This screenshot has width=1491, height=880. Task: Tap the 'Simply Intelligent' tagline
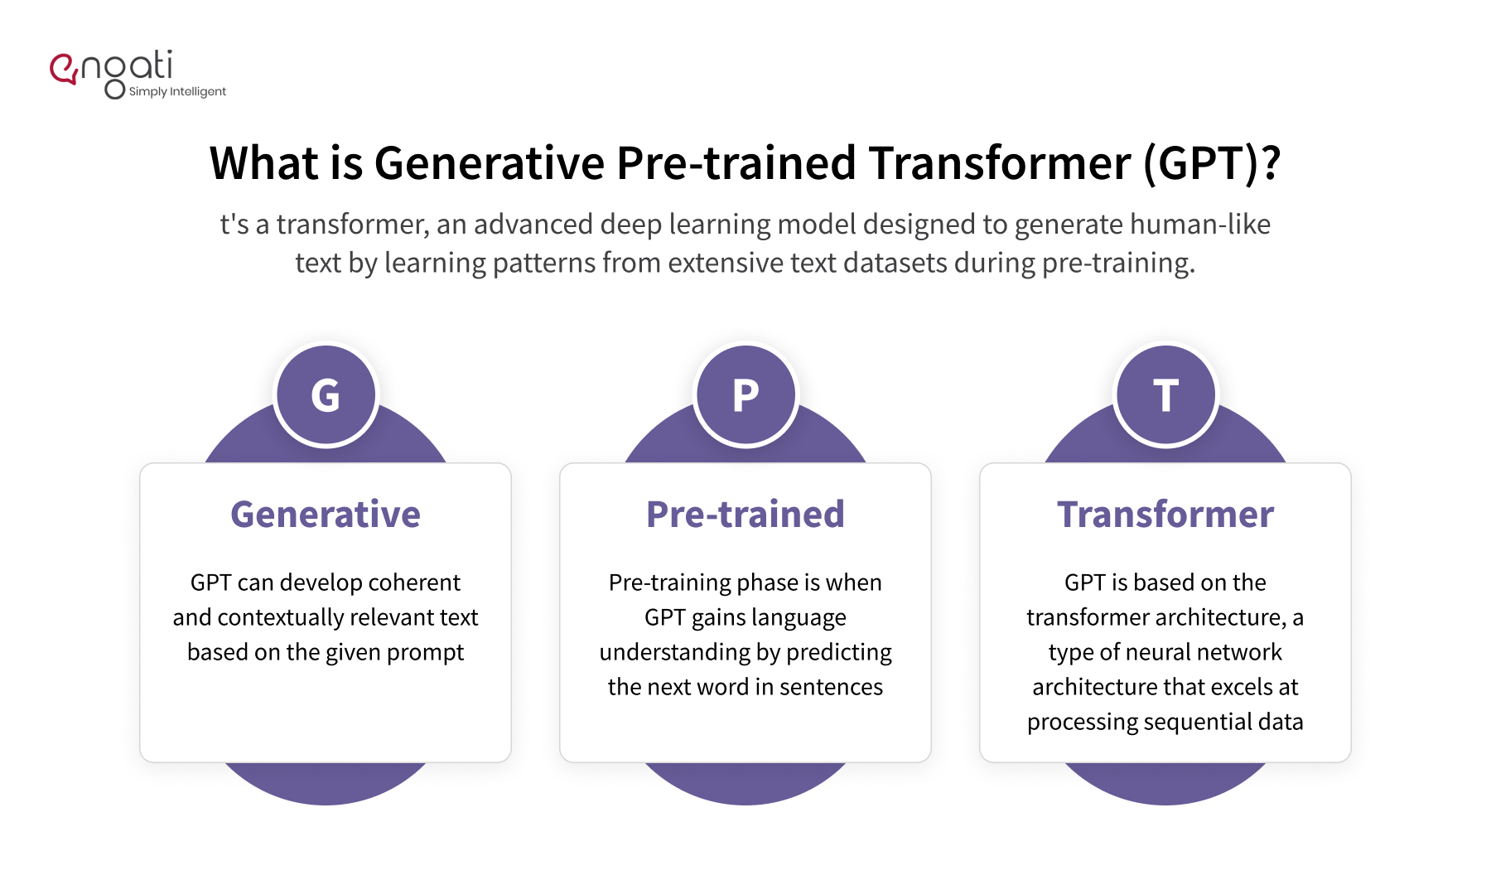tap(177, 91)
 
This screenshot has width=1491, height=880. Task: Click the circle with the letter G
tap(326, 395)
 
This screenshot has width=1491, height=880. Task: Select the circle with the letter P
tap(745, 395)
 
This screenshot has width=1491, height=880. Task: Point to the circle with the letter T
tap(1165, 395)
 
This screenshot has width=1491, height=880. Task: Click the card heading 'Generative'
tap(326, 515)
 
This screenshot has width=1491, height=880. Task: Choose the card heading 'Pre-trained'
tap(745, 515)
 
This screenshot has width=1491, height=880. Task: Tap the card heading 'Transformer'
tap(1165, 515)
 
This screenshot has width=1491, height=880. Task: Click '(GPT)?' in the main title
tap(1212, 163)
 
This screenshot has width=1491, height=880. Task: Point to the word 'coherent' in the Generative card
tap(414, 583)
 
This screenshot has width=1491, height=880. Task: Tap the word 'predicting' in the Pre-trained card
tap(839, 653)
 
